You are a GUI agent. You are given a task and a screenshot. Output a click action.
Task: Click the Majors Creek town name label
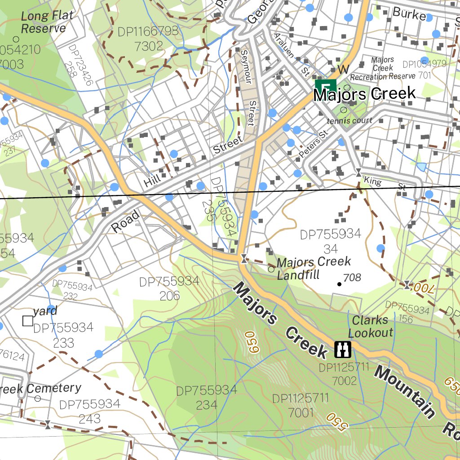(x=364, y=94)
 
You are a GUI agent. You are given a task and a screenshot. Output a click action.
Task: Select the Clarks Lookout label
(x=370, y=327)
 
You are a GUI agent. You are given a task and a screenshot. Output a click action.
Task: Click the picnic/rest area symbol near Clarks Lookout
(x=343, y=348)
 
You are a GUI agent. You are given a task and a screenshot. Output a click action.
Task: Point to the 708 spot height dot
(x=339, y=284)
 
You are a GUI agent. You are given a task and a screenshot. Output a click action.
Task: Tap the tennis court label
(x=349, y=120)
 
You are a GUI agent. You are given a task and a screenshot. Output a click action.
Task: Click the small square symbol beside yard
(x=28, y=321)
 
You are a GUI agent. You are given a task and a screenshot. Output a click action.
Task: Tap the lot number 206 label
(x=169, y=296)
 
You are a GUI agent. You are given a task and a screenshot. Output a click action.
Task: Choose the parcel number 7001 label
(x=301, y=412)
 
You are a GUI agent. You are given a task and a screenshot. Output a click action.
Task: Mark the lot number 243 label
(x=90, y=419)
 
